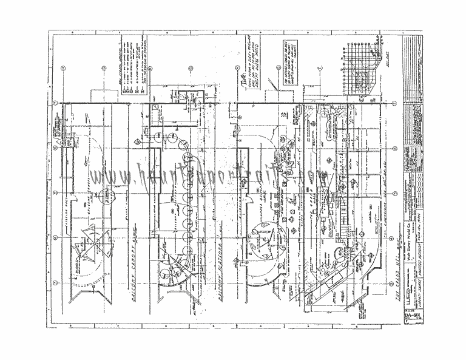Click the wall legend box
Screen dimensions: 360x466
135,67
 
